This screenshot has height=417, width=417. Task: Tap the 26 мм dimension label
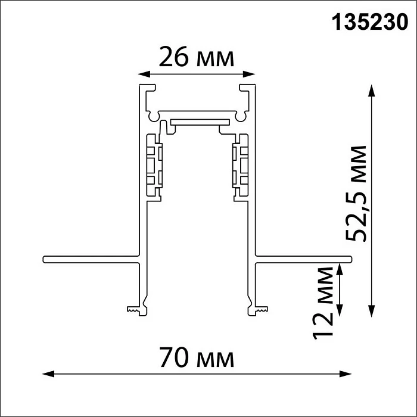pos(194,58)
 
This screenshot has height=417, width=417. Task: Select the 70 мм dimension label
pos(197,359)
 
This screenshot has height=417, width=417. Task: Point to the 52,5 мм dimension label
pos(357,194)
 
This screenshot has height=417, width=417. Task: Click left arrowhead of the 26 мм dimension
pos(142,74)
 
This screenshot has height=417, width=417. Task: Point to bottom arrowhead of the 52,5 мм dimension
pos(372,309)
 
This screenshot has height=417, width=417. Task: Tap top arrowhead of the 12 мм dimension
pos(340,266)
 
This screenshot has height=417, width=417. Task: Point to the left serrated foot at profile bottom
pos(136,309)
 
